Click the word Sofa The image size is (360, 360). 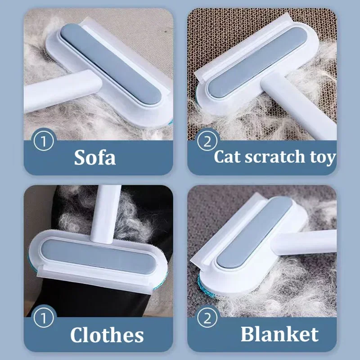pos(94,157)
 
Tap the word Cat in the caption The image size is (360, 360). pos(228,157)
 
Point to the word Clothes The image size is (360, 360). pos(107,335)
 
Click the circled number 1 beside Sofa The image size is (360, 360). pos(44,140)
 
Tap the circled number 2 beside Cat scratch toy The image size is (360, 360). pos(207,140)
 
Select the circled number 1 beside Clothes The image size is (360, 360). pos(44,318)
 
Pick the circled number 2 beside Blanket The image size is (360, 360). pos(207,318)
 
